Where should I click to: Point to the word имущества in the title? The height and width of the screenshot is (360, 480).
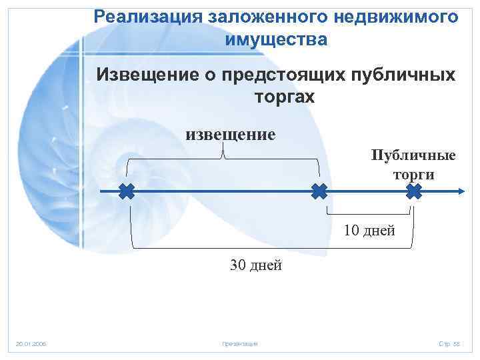(x=277, y=40)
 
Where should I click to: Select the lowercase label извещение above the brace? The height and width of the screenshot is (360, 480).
(x=230, y=134)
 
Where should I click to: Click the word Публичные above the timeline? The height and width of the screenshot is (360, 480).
(x=414, y=155)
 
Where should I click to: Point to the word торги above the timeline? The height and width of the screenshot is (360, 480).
(x=413, y=175)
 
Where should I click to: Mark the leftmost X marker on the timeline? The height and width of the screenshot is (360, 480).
(x=127, y=193)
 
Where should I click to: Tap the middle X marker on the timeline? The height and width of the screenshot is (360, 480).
(x=319, y=193)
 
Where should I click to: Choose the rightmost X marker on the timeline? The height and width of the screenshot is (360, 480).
(x=414, y=193)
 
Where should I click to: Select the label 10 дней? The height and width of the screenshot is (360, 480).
(x=369, y=231)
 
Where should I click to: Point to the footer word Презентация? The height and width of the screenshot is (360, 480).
(x=240, y=343)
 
